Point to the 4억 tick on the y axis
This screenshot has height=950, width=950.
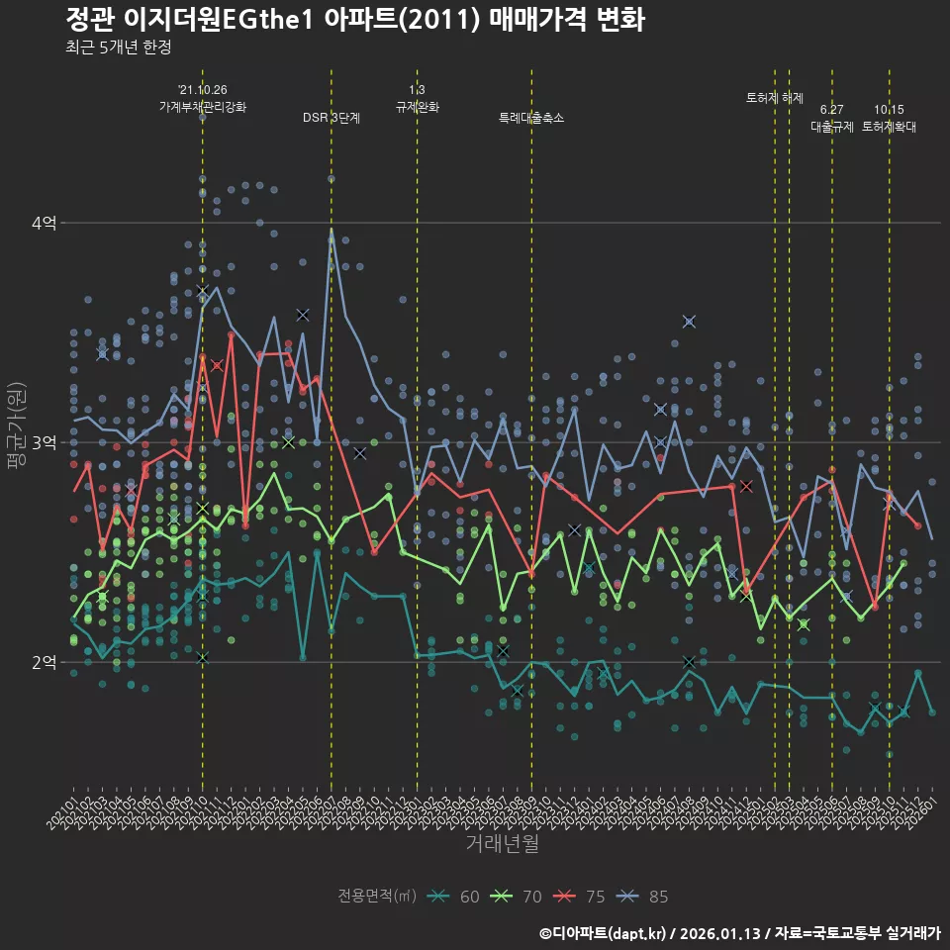coord(43,224)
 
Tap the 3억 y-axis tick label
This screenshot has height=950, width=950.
coord(43,442)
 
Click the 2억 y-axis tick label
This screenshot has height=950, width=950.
coord(43,662)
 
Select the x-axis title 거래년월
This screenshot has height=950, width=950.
coord(502,843)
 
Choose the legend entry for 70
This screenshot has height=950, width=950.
coord(516,897)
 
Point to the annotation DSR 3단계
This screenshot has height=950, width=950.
coord(332,118)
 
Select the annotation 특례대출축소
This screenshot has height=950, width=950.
coord(531,118)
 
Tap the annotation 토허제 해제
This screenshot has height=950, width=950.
coord(775,98)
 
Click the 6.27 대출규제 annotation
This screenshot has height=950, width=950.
coord(832,118)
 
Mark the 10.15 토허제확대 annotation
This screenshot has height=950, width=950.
coord(889,118)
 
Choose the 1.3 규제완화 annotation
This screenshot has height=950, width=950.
coord(417,98)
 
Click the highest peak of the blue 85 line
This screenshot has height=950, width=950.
coord(332,230)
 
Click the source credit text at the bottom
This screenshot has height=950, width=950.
coord(739,933)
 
